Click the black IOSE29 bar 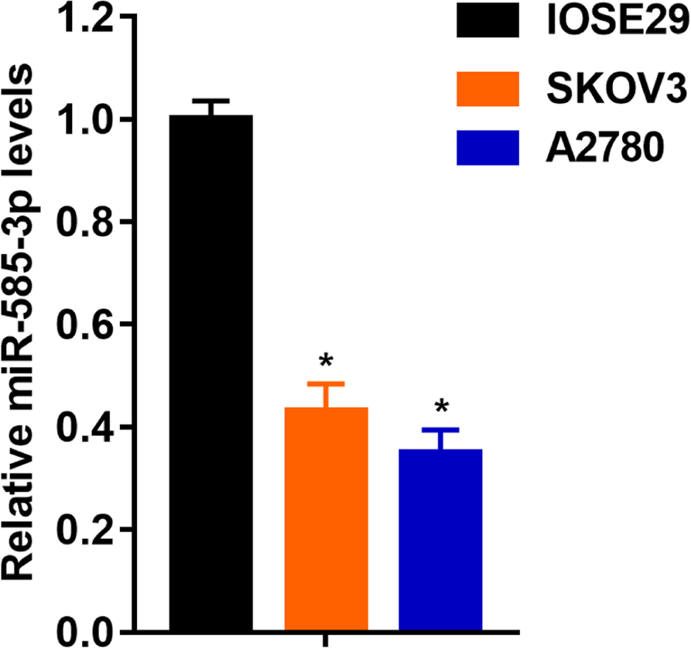click(x=211, y=372)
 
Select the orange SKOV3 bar click(x=326, y=519)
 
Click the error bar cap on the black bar click(x=211, y=101)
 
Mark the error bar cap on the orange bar click(x=326, y=384)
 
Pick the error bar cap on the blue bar click(x=440, y=430)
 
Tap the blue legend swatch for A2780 click(x=486, y=146)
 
